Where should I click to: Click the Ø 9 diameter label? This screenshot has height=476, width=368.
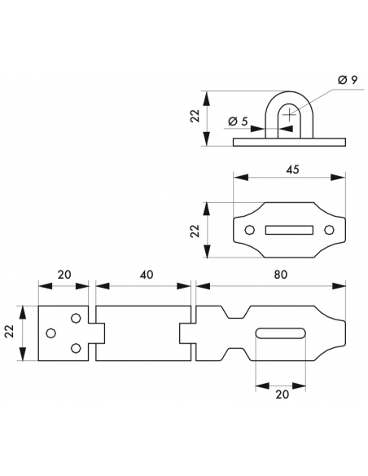348,80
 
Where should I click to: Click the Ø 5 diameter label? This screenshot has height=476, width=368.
238,121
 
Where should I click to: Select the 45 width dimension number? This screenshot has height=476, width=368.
292,170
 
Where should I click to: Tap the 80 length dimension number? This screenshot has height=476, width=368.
280,275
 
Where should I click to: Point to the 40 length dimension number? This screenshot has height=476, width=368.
147,275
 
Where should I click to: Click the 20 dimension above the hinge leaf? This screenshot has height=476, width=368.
64,275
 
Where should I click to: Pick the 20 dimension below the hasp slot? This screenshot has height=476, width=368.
283,394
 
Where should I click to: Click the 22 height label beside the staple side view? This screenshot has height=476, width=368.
195,116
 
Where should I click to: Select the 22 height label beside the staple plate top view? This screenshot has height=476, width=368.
195,231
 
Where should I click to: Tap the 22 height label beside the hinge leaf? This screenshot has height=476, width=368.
10,331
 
